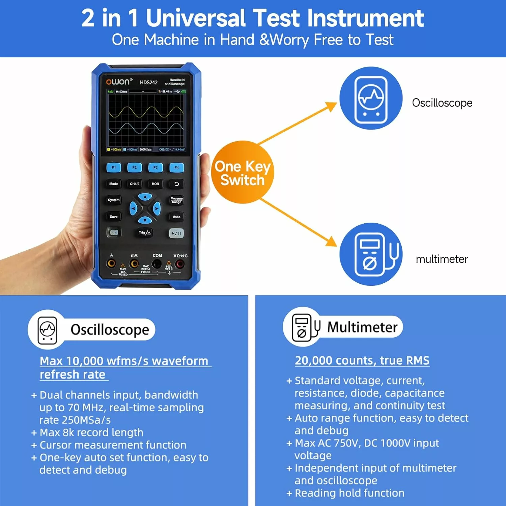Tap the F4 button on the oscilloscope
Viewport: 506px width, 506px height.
pos(176,168)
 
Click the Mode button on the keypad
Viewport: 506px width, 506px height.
pos(114,184)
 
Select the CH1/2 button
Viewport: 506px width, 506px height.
pos(135,184)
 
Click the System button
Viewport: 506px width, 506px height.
pos(114,200)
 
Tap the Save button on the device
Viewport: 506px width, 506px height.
pos(114,217)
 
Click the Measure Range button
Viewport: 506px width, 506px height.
pos(176,200)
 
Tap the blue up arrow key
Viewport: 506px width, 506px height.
pos(145,197)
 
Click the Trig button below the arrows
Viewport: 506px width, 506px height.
pos(145,233)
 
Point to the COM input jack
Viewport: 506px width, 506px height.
pos(157,264)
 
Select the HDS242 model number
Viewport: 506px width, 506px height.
pos(149,82)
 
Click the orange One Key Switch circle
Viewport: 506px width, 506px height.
pos(243,172)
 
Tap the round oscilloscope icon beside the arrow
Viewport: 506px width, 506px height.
pos(371,98)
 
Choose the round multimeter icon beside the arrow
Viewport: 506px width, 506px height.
pos(371,254)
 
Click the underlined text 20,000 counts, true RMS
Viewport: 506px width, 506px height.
pos(362,360)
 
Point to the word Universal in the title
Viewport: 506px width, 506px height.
pos(196,18)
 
